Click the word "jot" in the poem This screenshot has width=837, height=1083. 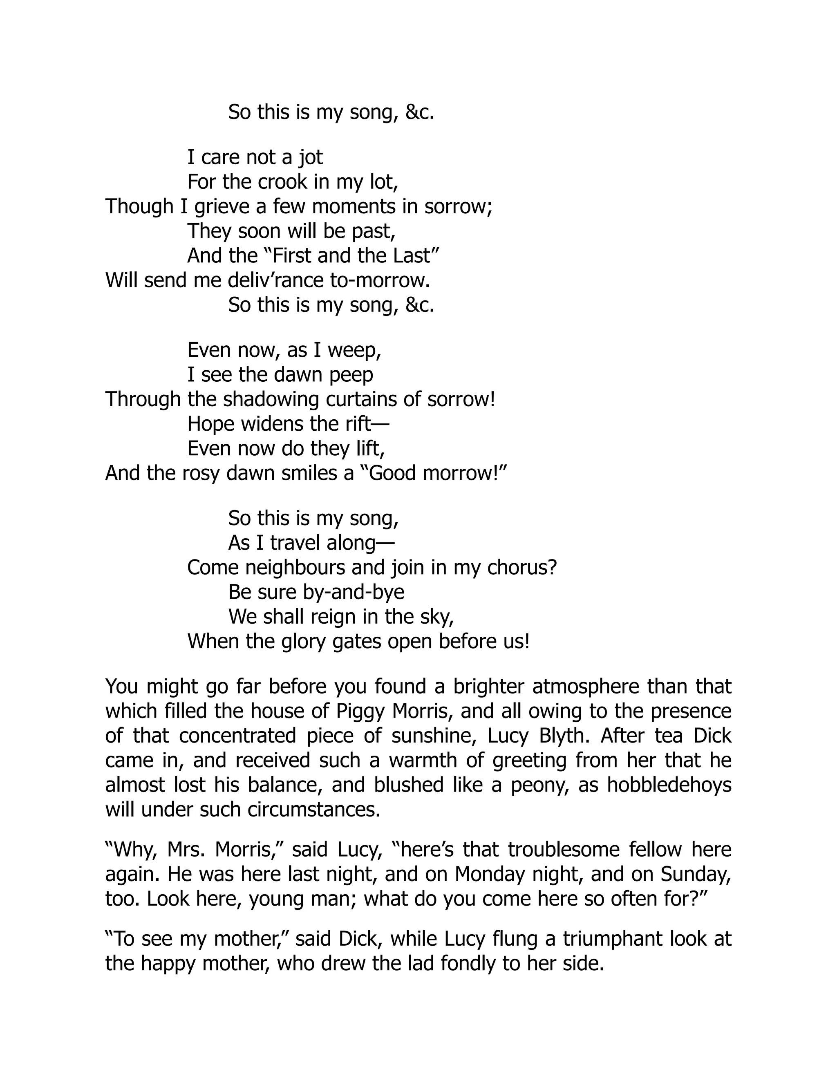[x=311, y=158]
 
